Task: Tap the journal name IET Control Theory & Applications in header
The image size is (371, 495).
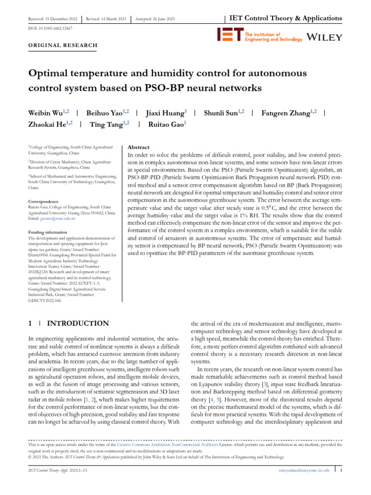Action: tap(285, 18)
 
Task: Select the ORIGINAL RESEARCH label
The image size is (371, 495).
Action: tap(62, 45)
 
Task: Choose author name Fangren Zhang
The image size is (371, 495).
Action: tap(285, 113)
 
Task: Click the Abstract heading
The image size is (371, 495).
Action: tap(138, 147)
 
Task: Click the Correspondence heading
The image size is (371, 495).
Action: tap(44, 201)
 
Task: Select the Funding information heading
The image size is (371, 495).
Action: tap(47, 233)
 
